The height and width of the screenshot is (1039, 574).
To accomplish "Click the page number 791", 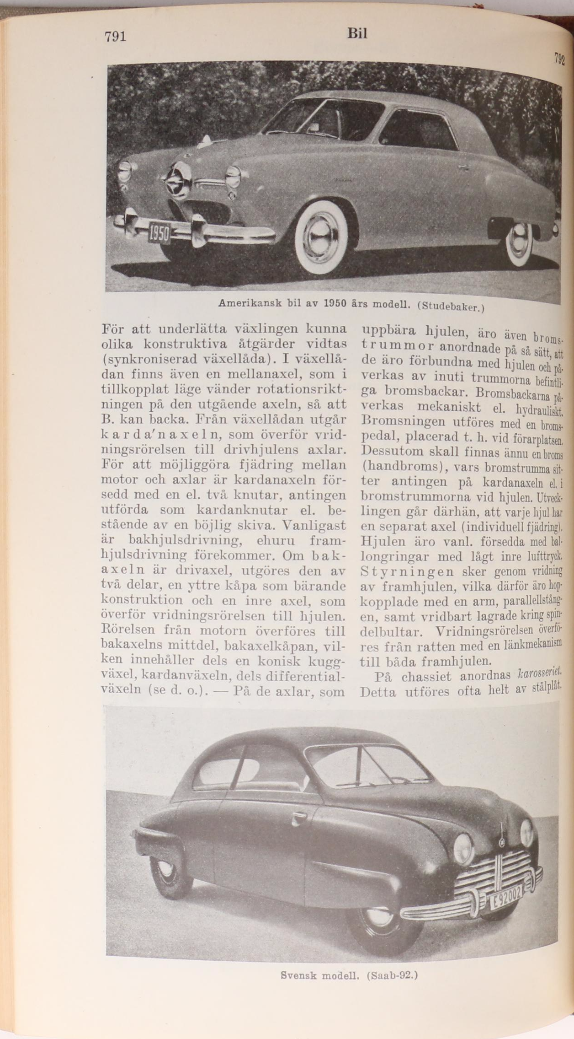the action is pos(115,37).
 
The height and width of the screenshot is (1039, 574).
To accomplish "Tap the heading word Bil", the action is pos(357,34).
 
